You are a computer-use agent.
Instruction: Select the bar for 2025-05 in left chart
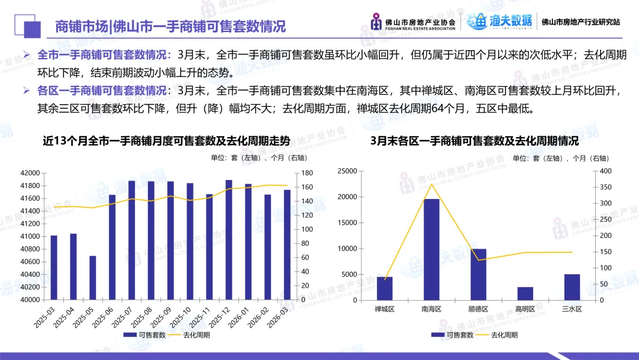click(x=93, y=278)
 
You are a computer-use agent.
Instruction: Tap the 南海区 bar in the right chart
click(x=431, y=249)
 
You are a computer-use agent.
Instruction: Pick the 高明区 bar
click(x=525, y=293)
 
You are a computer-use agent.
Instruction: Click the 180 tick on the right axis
click(x=306, y=173)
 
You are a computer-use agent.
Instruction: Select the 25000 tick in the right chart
click(x=347, y=171)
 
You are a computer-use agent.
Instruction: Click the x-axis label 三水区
click(x=572, y=309)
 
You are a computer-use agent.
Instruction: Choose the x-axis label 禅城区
click(x=385, y=309)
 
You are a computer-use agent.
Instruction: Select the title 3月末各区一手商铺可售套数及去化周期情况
click(x=474, y=142)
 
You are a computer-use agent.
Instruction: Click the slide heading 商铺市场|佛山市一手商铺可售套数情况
click(x=170, y=27)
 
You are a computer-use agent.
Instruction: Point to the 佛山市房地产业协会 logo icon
click(x=376, y=22)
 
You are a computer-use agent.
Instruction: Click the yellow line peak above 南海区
click(x=431, y=184)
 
